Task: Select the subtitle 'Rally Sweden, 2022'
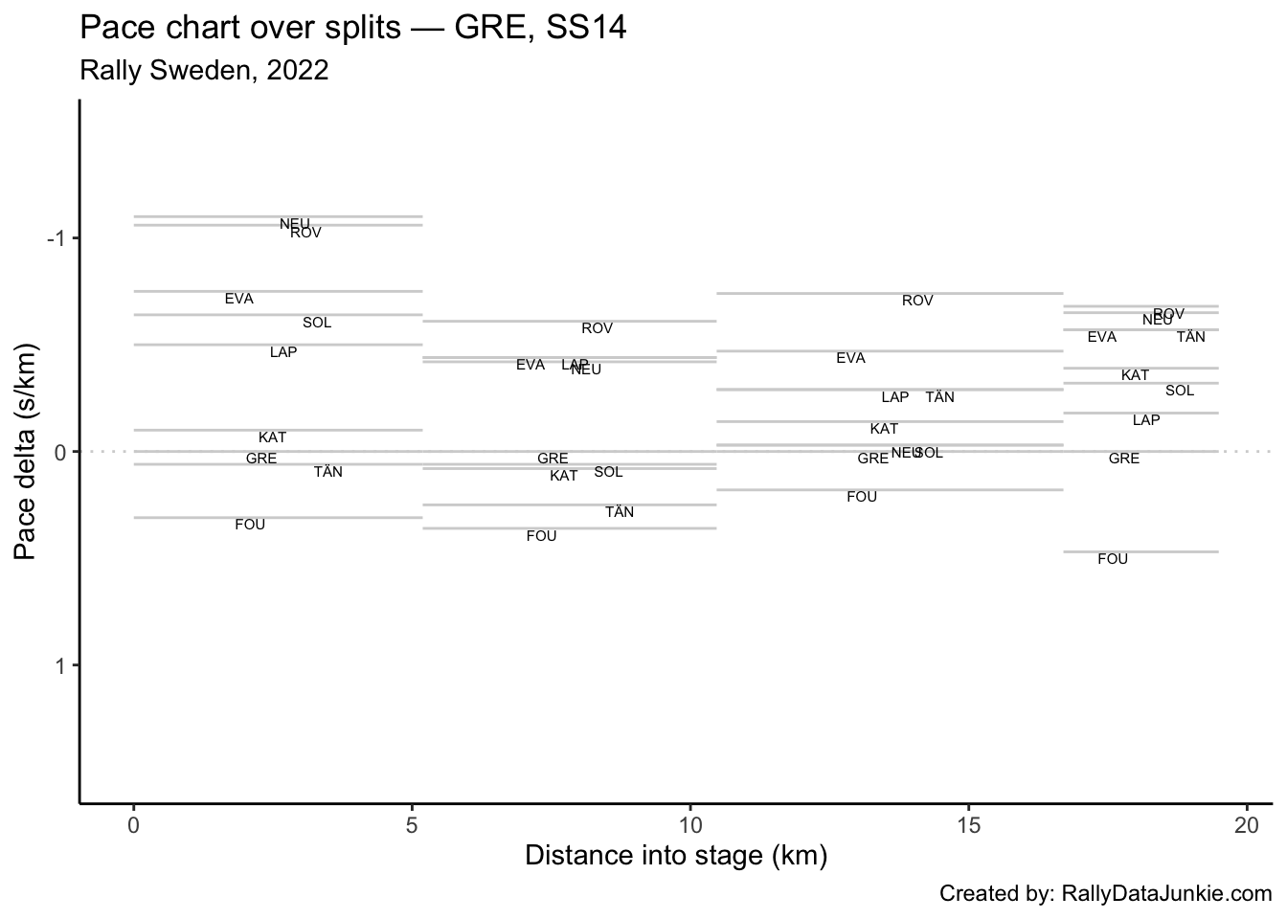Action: coord(204,70)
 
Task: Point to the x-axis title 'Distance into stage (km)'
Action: coord(676,855)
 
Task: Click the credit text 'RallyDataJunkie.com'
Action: coord(1166,894)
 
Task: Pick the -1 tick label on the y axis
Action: coord(57,238)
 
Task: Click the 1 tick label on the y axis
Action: coord(61,665)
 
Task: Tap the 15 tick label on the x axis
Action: coord(968,824)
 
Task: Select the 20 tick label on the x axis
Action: coord(1247,824)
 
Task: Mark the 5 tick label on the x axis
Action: coord(412,824)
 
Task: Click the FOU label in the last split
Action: coord(1113,559)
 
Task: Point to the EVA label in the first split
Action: coord(239,299)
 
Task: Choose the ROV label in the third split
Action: coord(917,301)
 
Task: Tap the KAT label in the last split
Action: coord(1135,375)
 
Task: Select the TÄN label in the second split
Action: coord(620,512)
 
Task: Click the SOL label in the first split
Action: coord(317,323)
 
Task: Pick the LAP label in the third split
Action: coord(895,397)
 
